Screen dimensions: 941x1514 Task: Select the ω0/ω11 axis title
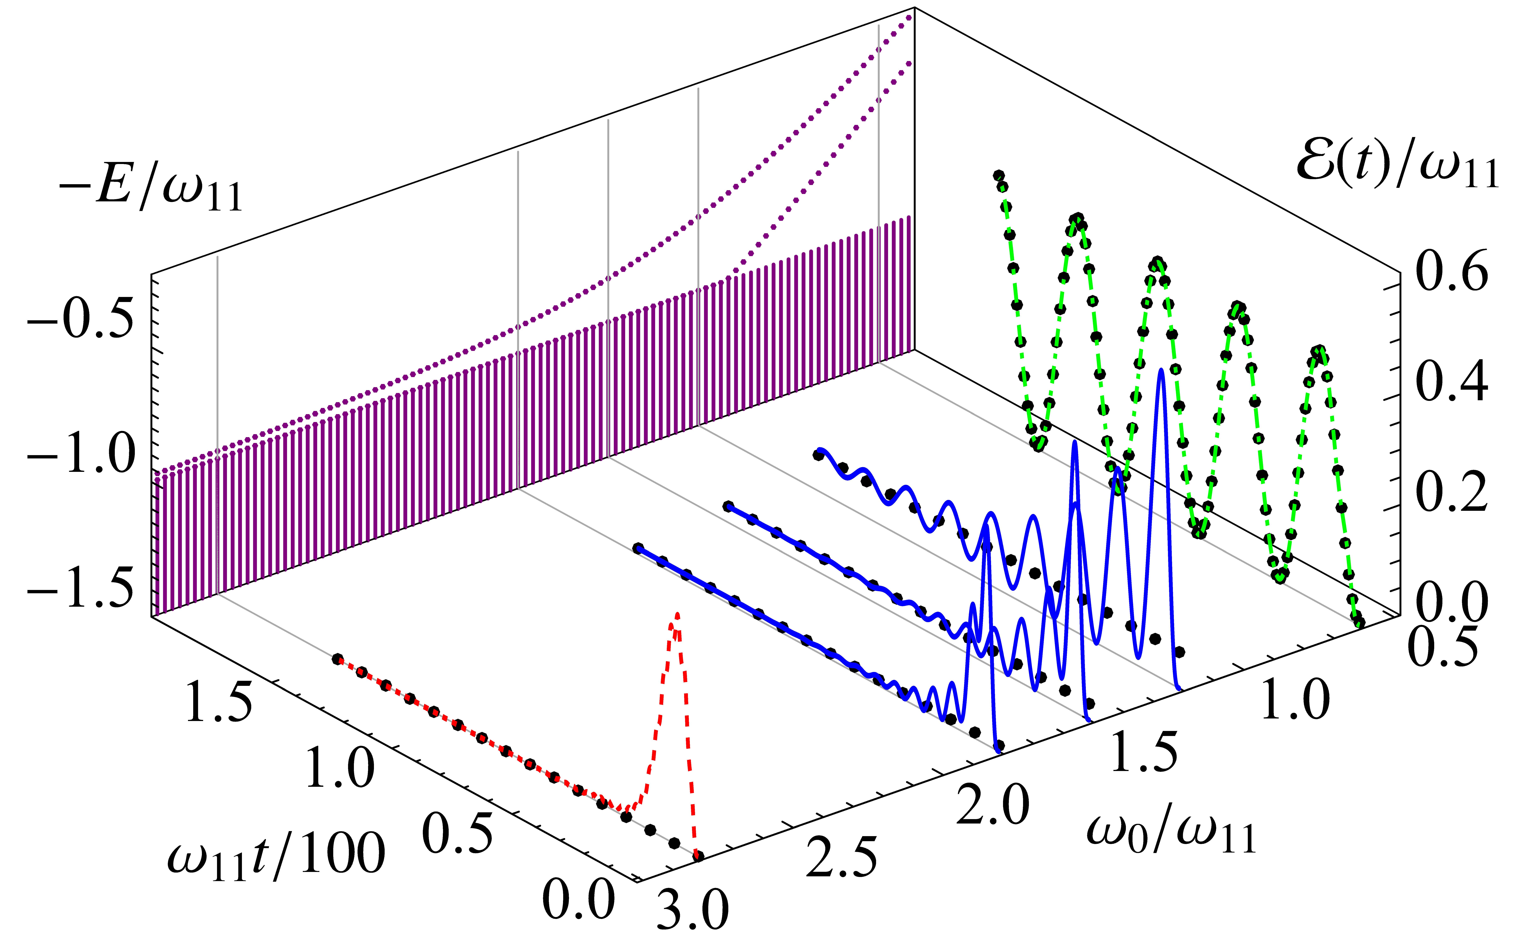coord(1170,834)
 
